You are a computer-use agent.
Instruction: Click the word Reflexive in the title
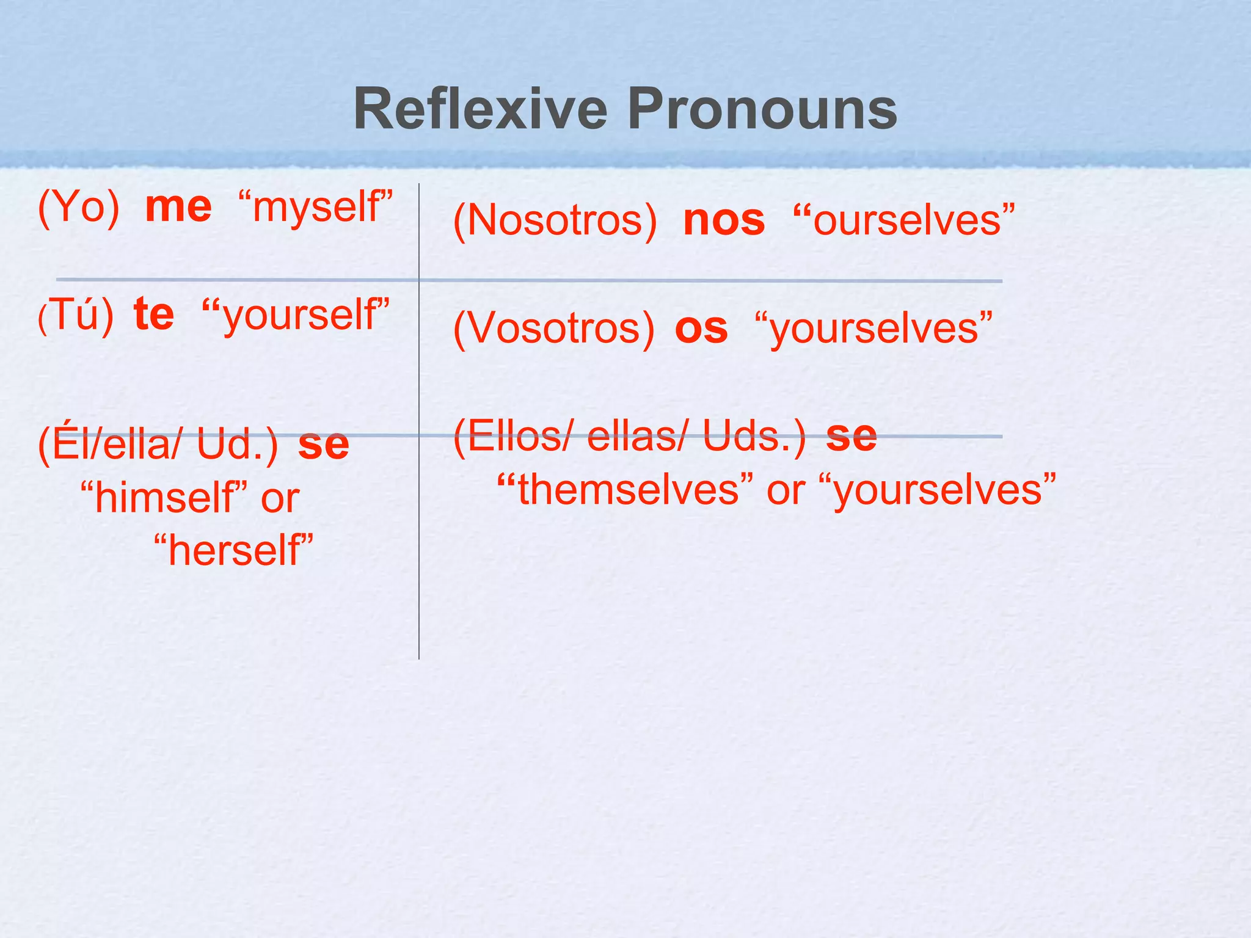480,110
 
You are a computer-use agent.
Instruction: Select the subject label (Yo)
79,208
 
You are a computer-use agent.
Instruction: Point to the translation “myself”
315,208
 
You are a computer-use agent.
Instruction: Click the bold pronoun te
154,314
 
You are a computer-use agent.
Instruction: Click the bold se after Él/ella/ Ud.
323,444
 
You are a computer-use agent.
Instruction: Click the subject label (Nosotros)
555,220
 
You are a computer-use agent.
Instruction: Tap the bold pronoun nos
724,220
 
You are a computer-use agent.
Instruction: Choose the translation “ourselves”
903,220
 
